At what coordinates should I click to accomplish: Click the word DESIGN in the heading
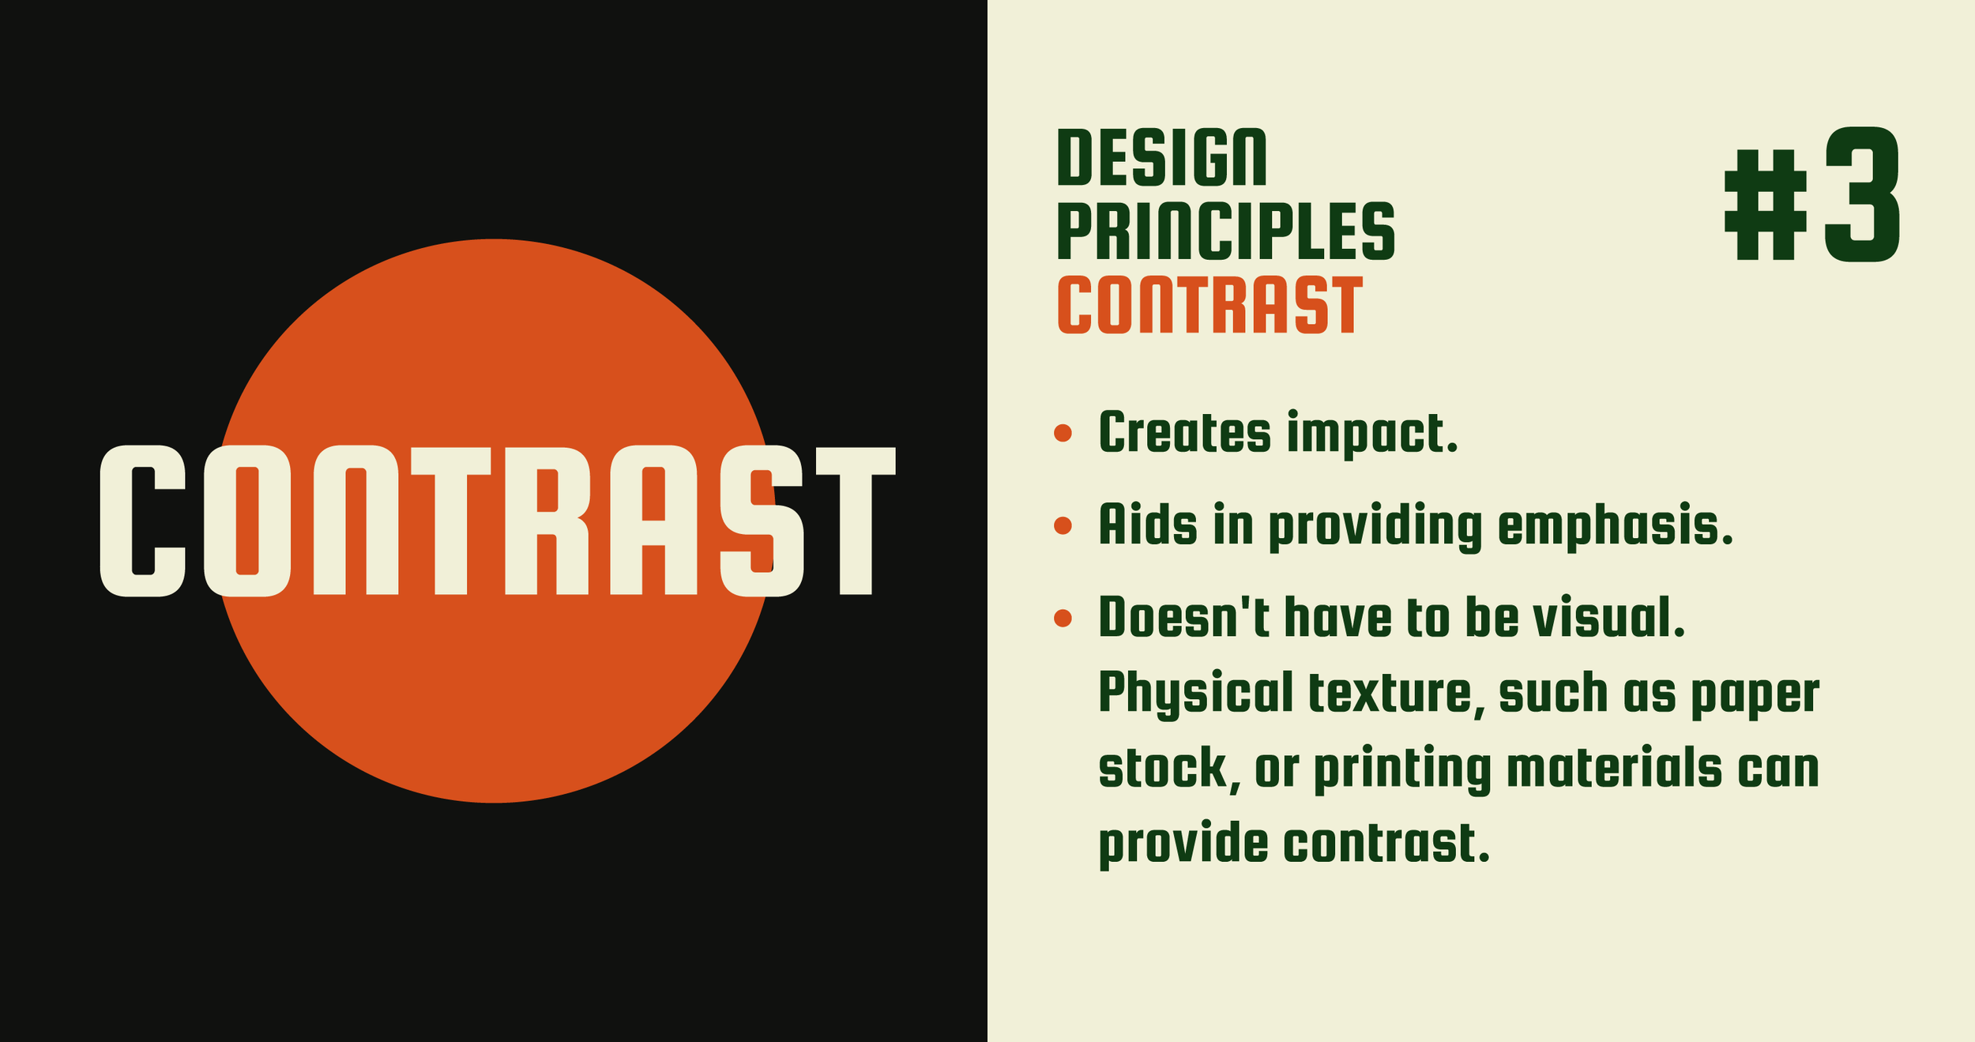pos(1161,158)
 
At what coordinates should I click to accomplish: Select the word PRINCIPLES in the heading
pos(1226,231)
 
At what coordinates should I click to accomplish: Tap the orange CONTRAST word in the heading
pos(1209,305)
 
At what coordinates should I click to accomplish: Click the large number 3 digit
pos(1862,194)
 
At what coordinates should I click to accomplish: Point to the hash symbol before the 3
pos(1766,205)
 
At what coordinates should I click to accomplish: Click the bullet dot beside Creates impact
pos(1063,433)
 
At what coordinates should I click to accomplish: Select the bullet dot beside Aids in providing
pos(1063,525)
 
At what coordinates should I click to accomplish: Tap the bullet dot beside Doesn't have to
pos(1063,618)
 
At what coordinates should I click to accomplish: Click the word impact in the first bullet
pos(1371,434)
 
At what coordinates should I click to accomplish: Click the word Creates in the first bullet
pos(1184,433)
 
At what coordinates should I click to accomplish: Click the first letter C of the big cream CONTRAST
pos(142,521)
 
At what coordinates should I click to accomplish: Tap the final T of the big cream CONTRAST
pos(856,521)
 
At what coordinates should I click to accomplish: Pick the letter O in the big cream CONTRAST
pos(247,521)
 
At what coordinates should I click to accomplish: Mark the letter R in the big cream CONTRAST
pos(547,521)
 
